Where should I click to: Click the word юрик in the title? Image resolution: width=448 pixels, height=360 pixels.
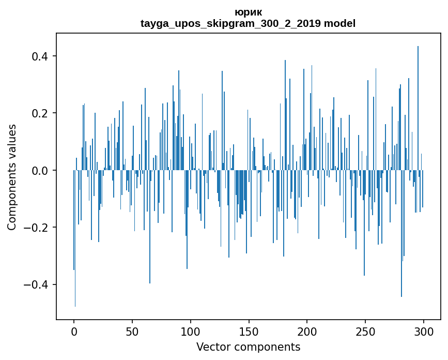(x=248, y=12)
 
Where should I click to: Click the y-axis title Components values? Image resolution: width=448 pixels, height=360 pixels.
(x=12, y=177)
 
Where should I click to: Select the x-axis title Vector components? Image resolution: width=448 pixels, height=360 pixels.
(x=248, y=347)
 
